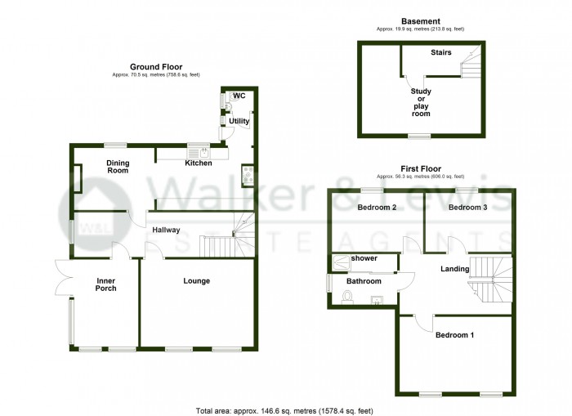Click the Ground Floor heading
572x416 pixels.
coord(156,67)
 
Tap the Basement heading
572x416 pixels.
coord(421,21)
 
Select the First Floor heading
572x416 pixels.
coord(420,169)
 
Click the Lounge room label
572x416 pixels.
coord(197,281)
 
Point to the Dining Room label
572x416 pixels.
coord(118,167)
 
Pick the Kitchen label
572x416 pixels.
coord(199,163)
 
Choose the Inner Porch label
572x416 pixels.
coord(105,284)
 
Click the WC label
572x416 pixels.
coord(239,96)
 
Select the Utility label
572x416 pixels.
coord(239,121)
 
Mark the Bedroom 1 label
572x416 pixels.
coord(454,335)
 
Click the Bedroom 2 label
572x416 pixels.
coord(377,208)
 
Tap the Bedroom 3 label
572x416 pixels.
coord(467,208)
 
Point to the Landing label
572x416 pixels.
coord(454,269)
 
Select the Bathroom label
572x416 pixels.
coord(364,281)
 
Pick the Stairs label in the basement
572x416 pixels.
coord(442,52)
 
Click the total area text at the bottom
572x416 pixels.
coord(284,409)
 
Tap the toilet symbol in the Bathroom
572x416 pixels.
coord(346,297)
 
